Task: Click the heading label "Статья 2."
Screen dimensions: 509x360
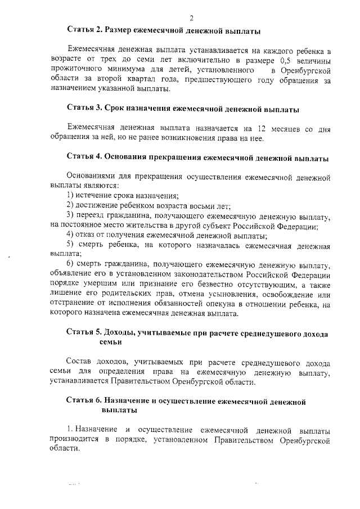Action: (x=85, y=29)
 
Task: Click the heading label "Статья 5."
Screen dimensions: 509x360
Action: (x=85, y=333)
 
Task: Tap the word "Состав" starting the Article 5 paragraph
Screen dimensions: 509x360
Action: (x=79, y=363)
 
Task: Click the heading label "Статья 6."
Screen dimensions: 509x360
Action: (x=85, y=402)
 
